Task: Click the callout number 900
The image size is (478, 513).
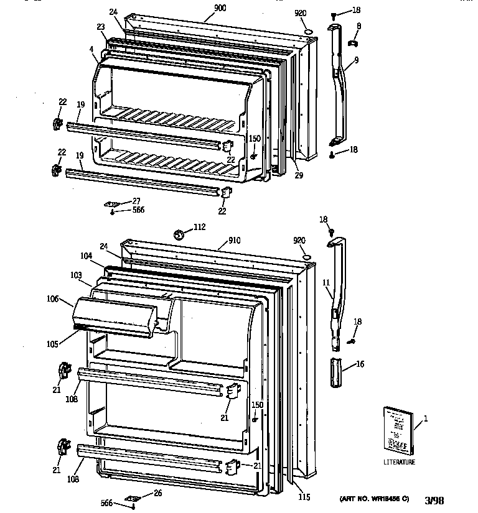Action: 202,8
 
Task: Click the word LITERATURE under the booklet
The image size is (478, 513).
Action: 399,462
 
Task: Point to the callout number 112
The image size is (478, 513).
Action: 199,228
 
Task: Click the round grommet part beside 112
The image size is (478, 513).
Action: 179,234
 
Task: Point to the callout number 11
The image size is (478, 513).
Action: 325,283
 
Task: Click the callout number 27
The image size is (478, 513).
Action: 136,201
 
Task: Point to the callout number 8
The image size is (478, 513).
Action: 359,25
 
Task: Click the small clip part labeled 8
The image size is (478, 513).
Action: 352,44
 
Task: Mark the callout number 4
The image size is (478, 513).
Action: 91,49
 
